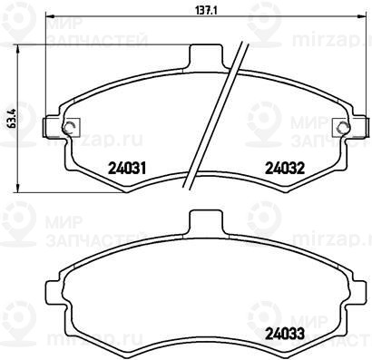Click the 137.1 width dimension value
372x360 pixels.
click(206, 10)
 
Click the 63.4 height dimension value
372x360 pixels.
click(14, 119)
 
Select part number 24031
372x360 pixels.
click(127, 168)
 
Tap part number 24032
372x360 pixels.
click(285, 168)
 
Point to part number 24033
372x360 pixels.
click(285, 334)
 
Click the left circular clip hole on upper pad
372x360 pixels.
click(68, 127)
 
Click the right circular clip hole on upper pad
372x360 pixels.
click(344, 127)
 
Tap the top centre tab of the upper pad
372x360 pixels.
click(206, 56)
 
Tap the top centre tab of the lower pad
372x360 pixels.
click(206, 222)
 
